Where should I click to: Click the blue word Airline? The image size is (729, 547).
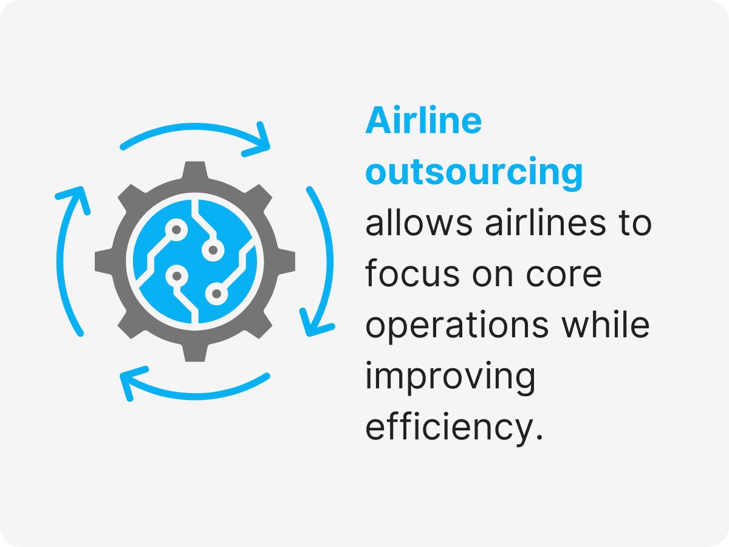pyautogui.click(x=423, y=122)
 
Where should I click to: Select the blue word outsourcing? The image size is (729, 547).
pyautogui.click(x=474, y=173)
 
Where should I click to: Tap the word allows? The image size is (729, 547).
pyautogui.click(x=419, y=224)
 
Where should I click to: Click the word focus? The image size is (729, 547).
pyautogui.click(x=412, y=275)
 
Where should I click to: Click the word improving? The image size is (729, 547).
pyautogui.click(x=450, y=377)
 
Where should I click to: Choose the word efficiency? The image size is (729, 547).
pyautogui.click(x=453, y=428)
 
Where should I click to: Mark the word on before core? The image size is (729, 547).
pyautogui.click(x=493, y=275)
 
